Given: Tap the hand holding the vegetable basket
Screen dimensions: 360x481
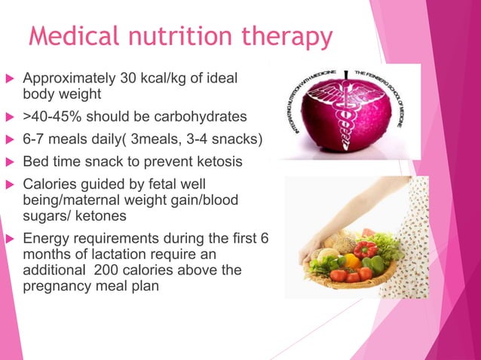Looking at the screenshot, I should (316, 240).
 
